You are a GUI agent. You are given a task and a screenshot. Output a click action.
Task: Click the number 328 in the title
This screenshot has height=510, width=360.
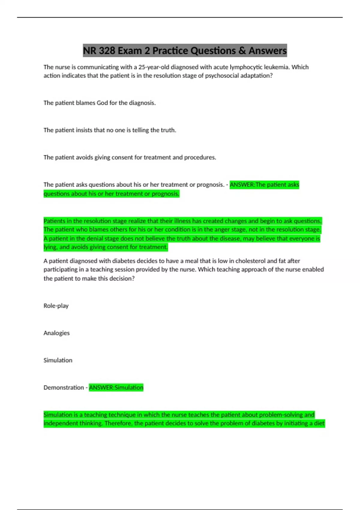point(107,51)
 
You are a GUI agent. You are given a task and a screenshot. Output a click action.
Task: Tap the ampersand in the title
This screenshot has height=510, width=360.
point(242,51)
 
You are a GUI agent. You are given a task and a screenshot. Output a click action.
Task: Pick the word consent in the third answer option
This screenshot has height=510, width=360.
point(122,157)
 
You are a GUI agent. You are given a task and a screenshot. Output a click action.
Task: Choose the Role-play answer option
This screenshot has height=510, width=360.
point(56,306)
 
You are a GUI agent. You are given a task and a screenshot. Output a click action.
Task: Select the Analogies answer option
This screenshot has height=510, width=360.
point(56,333)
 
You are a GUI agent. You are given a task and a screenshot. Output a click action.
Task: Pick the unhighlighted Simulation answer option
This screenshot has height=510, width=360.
point(58,360)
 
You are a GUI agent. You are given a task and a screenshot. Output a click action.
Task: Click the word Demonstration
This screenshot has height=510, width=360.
point(64,388)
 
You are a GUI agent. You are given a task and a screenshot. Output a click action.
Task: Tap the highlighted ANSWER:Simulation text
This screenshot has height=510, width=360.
point(116,388)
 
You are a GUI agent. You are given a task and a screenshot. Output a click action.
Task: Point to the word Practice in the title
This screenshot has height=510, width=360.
point(170,51)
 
